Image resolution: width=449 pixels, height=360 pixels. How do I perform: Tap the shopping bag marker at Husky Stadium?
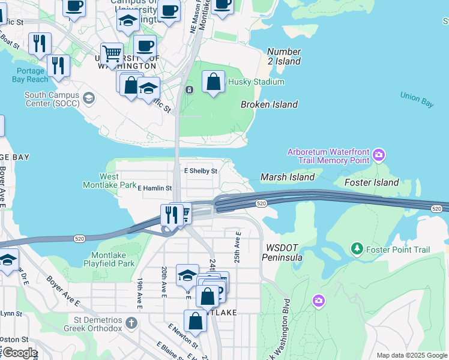coord(213,82)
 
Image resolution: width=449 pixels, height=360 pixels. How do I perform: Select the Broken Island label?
coord(269,104)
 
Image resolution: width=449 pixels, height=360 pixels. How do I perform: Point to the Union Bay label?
coord(417,100)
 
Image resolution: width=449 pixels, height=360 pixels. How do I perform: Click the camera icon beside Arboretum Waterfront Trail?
coord(378,155)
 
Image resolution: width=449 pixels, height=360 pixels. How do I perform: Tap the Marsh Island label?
coord(287,177)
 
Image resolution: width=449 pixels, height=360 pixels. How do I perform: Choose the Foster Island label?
coord(372,182)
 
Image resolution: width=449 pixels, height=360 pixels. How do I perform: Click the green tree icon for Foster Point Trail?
coord(357,248)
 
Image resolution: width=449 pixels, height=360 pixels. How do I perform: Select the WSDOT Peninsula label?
coord(282,252)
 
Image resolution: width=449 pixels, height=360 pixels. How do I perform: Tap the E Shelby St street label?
coord(200,171)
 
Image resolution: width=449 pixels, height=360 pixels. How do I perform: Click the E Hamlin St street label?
coord(155,188)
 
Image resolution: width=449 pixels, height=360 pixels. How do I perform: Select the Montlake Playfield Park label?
coord(112,259)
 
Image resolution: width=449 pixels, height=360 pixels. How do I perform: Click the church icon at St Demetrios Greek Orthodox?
coord(131,322)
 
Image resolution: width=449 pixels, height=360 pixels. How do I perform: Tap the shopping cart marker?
coord(112,55)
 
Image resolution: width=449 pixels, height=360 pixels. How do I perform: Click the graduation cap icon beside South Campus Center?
coord(88,97)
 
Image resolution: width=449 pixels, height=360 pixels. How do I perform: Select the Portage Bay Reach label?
coord(29,75)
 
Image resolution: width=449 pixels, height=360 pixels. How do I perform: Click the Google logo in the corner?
coord(19,353)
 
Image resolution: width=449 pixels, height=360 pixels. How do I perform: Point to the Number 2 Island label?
coord(284,56)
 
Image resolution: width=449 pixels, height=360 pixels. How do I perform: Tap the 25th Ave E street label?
coord(238,247)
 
